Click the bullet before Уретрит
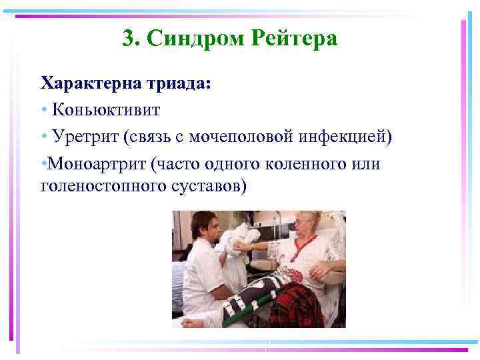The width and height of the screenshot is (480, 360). tap(44, 137)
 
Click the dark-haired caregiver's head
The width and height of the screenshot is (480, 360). tap(203, 225)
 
